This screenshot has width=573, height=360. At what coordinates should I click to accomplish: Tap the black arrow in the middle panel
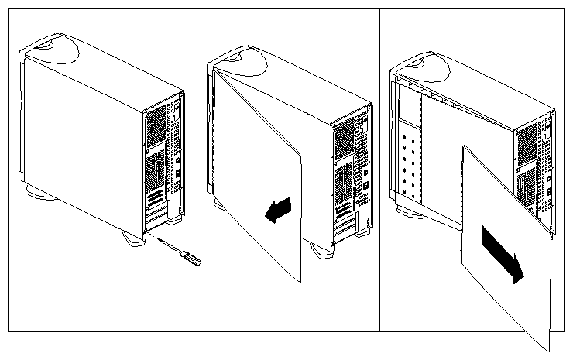coord(279,209)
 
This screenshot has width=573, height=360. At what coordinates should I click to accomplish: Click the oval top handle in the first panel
coord(56,46)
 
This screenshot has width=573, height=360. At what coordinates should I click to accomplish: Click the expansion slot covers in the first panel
coord(159,205)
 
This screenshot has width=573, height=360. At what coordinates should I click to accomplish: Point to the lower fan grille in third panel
coord(528,186)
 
